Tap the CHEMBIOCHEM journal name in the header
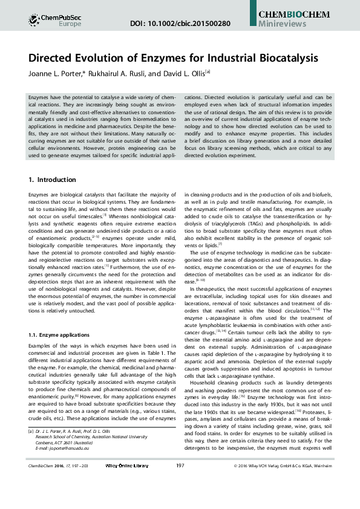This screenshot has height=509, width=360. coord(293,13)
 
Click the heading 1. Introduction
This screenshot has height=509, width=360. coord(52,180)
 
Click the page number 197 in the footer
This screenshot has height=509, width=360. coord(180,499)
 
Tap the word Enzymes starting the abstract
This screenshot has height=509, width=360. coord(39,97)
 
